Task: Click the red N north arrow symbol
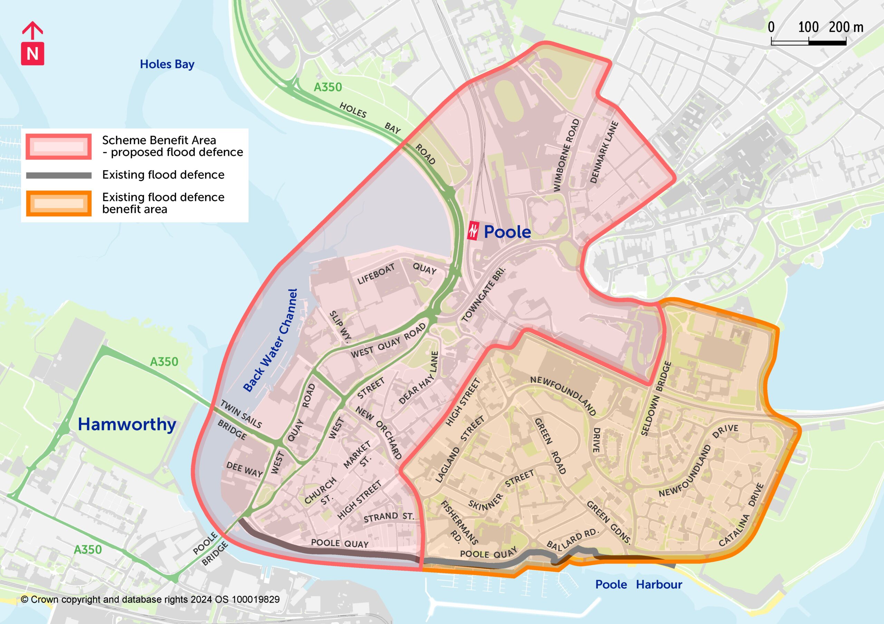pos(32,53)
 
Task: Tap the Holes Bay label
pos(167,64)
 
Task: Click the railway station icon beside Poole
pos(473,231)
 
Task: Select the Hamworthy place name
pos(127,424)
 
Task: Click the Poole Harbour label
pos(638,585)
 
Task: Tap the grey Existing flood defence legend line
pos(58,175)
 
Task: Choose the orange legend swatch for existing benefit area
pos(58,203)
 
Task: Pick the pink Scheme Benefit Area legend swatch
pos(58,147)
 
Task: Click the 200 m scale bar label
pos(846,27)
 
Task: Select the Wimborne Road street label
pos(566,155)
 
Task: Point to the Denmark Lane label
pos(604,152)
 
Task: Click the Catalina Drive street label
pos(741,515)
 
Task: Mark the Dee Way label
pos(244,469)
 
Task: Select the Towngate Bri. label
pos(483,294)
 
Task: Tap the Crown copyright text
pos(150,599)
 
